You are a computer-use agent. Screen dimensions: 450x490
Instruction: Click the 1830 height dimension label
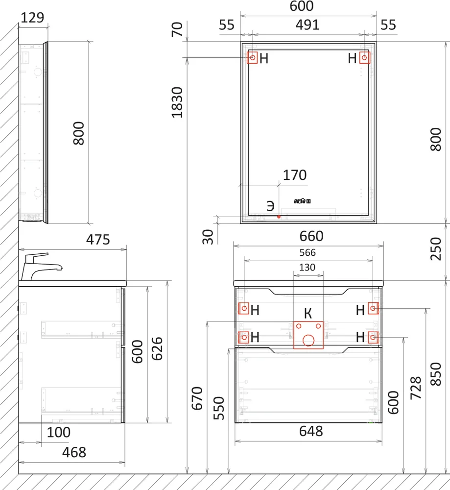click(x=177, y=102)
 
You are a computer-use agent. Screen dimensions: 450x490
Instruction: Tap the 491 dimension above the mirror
click(x=308, y=25)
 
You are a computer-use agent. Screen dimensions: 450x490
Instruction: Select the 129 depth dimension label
click(x=32, y=18)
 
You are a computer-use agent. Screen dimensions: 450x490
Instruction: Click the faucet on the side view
click(x=42, y=266)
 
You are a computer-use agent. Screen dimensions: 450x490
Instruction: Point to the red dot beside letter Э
click(x=279, y=217)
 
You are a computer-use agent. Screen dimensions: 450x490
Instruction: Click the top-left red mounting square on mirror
click(x=252, y=57)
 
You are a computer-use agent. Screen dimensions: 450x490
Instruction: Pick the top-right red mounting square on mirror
click(x=364, y=57)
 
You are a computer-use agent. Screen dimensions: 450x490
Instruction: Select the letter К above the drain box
click(x=308, y=314)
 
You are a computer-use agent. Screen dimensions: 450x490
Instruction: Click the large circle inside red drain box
click(x=308, y=341)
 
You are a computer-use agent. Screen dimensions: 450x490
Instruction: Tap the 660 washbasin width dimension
click(x=311, y=236)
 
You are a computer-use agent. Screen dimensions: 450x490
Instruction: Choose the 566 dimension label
click(x=308, y=252)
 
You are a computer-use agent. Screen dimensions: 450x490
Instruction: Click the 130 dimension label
click(x=308, y=268)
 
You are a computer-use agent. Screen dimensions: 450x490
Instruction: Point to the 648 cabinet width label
click(x=311, y=431)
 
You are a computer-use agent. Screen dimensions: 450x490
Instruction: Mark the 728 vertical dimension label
click(x=416, y=388)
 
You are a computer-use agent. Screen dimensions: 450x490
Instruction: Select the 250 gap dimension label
click(x=436, y=249)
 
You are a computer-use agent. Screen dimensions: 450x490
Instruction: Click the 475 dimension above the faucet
click(x=98, y=240)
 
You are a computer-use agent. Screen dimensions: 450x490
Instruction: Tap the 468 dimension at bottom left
click(x=74, y=452)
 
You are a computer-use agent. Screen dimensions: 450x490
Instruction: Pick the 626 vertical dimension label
click(x=157, y=349)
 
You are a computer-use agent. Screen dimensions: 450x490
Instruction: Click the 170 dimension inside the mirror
click(x=295, y=175)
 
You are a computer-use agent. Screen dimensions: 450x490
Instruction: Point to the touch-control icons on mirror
click(x=302, y=201)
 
